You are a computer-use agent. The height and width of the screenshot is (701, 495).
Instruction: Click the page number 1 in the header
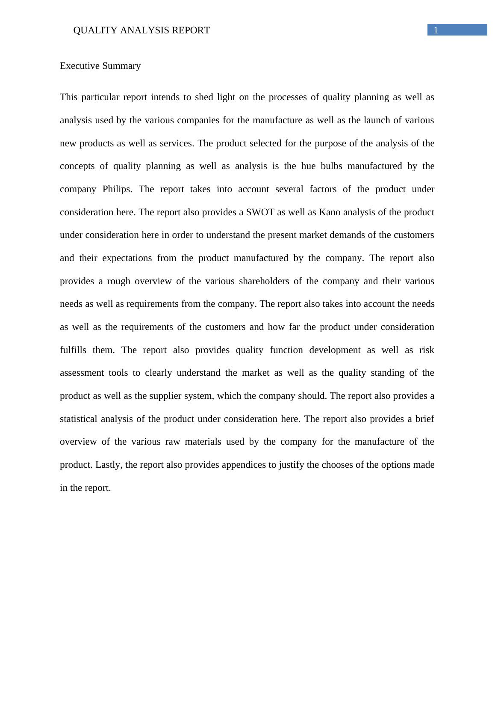[436, 30]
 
